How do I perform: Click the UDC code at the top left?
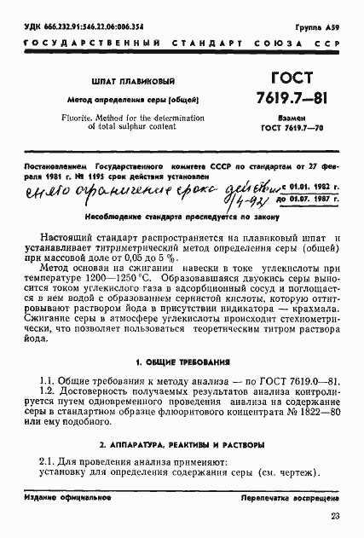[x=82, y=27]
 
